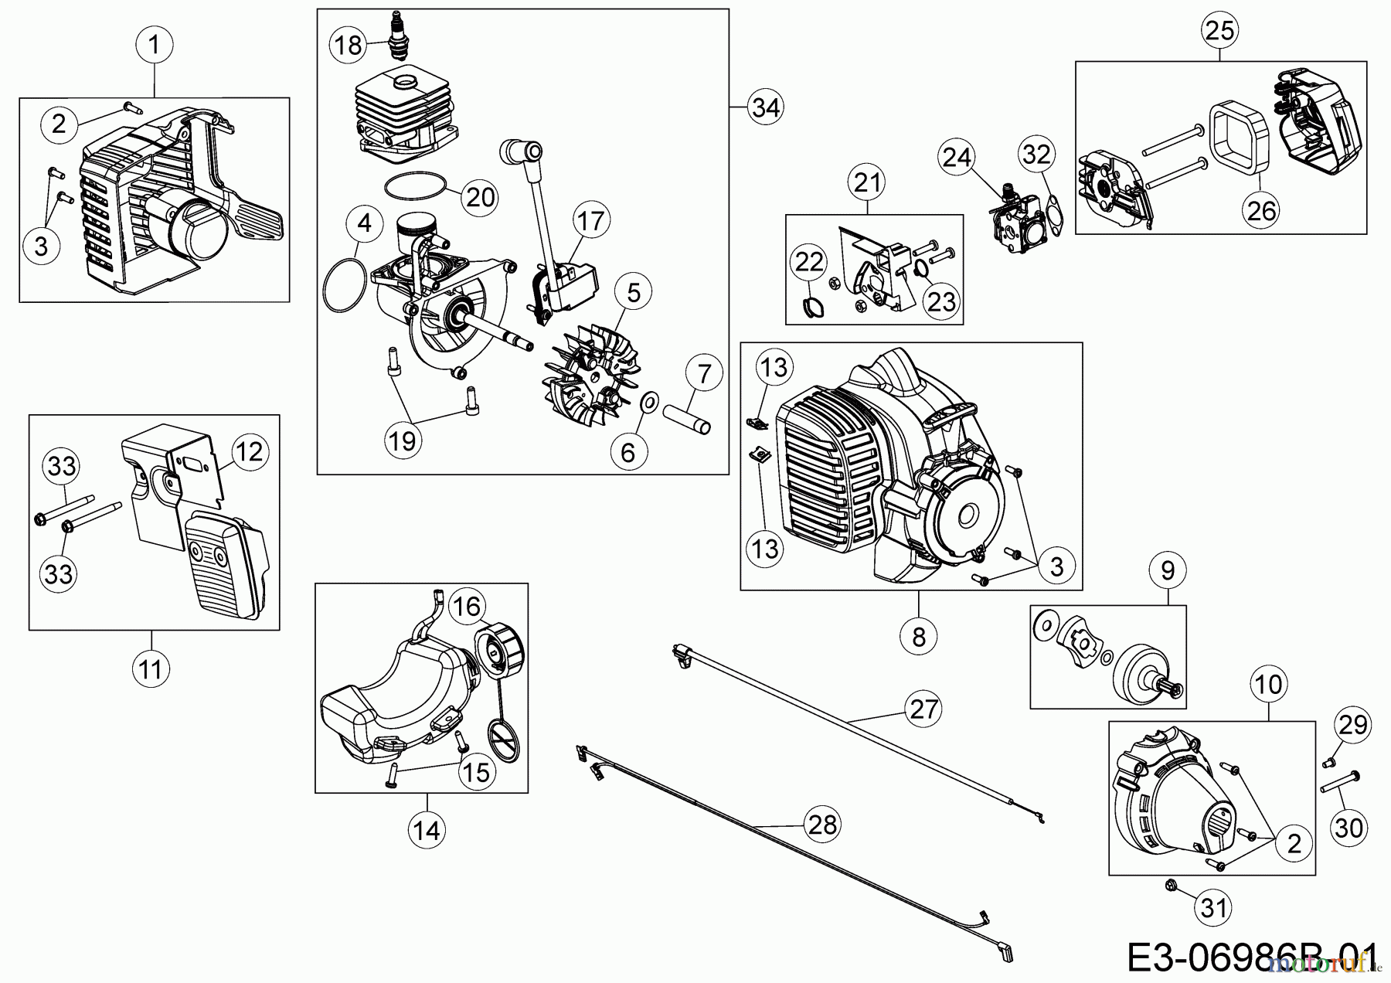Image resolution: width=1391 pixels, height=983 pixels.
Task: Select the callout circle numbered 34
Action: (765, 107)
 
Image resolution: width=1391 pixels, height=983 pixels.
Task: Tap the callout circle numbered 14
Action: (427, 830)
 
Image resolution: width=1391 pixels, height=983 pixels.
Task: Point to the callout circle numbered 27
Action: (923, 708)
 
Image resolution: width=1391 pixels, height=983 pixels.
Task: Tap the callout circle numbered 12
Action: (249, 451)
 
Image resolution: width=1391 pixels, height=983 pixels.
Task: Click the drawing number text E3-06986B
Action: (1252, 958)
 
